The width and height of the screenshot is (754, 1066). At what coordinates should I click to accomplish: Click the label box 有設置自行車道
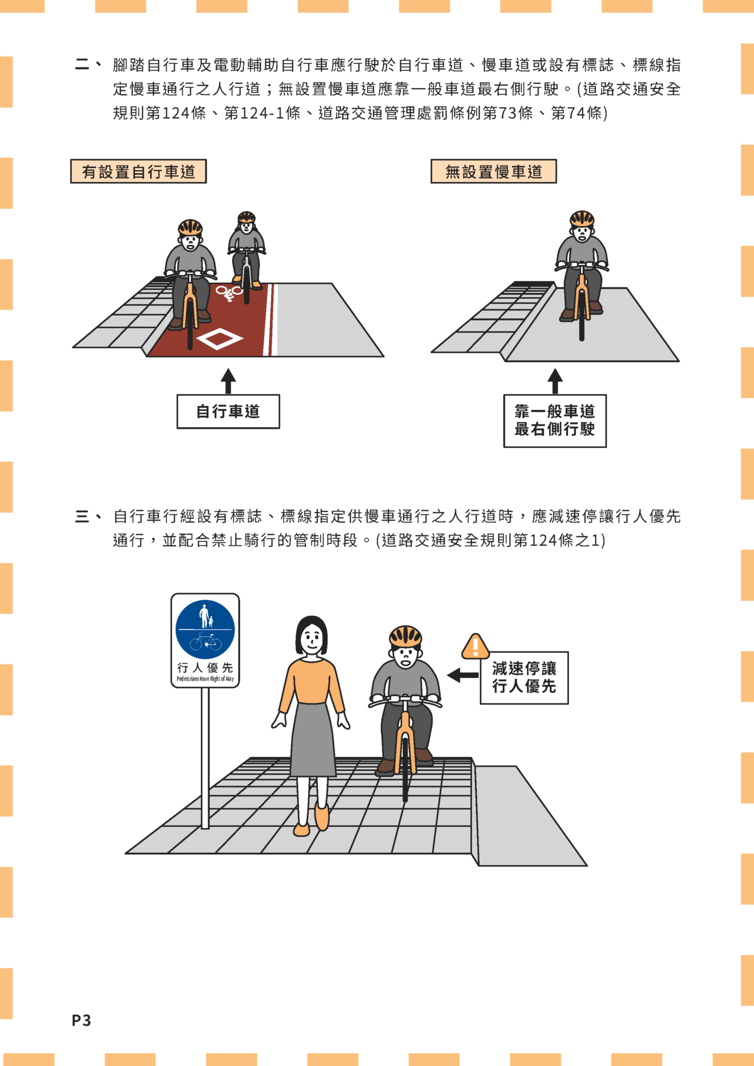point(138,171)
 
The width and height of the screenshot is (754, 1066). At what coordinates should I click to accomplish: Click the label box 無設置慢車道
point(494,171)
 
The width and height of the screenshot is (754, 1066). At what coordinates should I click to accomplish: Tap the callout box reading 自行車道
point(228,411)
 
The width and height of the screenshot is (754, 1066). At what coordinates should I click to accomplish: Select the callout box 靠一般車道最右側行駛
point(555,421)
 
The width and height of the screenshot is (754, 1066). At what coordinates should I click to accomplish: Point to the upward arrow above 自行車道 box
point(228,381)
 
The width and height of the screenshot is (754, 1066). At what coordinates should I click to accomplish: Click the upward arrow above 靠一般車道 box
point(555,381)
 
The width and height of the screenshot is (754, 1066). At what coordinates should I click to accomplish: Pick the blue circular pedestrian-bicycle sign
point(205,630)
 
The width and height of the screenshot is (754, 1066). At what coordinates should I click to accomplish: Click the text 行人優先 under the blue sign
point(205,668)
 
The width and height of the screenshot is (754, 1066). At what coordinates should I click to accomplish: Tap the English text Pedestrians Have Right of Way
point(205,679)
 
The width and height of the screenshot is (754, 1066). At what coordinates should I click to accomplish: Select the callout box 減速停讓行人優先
point(524,677)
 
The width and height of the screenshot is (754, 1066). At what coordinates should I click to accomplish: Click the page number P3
point(81,1020)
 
